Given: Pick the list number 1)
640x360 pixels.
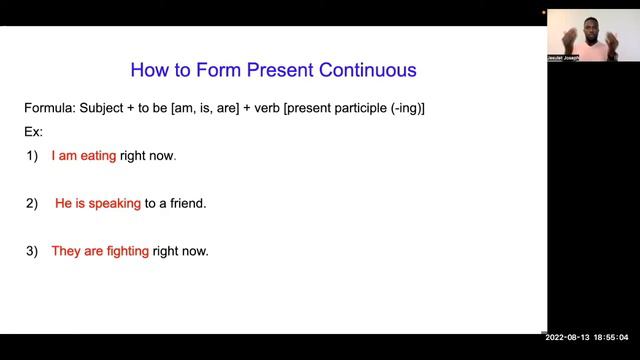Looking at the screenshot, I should click(32, 156).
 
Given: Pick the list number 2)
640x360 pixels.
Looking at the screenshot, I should click(32, 203).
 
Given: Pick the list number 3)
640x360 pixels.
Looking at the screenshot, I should click(32, 251).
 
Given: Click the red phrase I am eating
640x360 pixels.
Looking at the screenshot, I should click(84, 156).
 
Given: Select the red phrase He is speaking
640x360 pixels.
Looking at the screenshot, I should click(97, 203).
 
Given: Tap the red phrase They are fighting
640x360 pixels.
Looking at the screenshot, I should click(100, 251).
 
